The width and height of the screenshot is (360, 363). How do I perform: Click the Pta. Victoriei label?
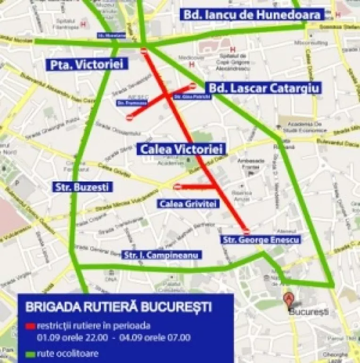pyautogui.click(x=87, y=64)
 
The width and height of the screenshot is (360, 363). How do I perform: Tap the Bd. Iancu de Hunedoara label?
pyautogui.click(x=252, y=14)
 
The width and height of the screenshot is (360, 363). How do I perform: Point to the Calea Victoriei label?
pyautogui.click(x=180, y=149)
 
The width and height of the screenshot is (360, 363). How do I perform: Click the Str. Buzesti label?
pyautogui.click(x=82, y=187)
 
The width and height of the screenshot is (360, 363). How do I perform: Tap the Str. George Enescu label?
pyautogui.click(x=261, y=240)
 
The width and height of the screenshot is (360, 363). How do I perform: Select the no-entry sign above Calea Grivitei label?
pyautogui.click(x=177, y=187)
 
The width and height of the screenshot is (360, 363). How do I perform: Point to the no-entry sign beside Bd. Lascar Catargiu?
pyautogui.click(x=192, y=86)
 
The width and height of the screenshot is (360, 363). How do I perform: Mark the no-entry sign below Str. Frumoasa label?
pyautogui.click(x=130, y=117)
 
